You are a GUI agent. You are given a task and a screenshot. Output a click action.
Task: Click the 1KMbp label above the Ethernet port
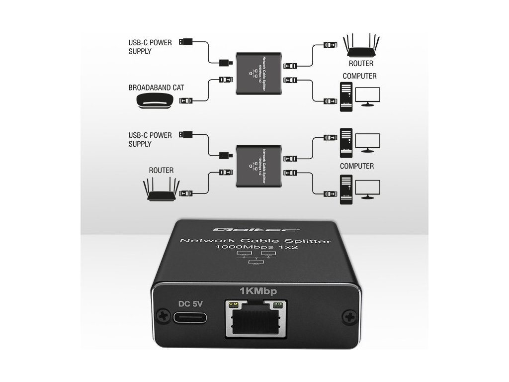pyautogui.click(x=257, y=291)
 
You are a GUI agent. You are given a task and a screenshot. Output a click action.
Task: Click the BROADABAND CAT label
pyautogui.click(x=156, y=88)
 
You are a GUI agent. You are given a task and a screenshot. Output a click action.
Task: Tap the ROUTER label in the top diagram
pyautogui.click(x=361, y=64)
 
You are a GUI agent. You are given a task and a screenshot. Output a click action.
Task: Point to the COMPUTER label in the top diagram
pyautogui.click(x=359, y=76)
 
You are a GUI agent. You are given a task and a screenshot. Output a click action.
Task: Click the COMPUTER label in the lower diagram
pyautogui.click(x=357, y=166)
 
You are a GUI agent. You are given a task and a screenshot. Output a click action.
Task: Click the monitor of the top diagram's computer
pyautogui.click(x=367, y=96)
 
